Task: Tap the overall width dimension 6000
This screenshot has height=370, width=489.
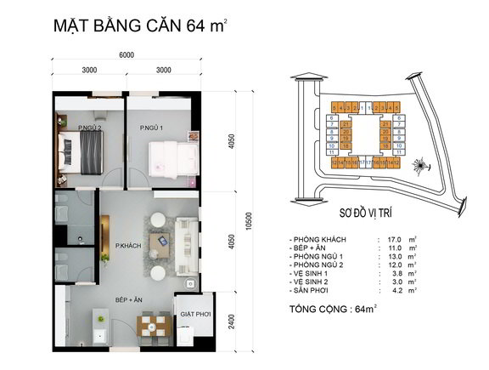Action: click(126, 55)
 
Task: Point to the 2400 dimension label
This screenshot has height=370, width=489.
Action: click(231, 323)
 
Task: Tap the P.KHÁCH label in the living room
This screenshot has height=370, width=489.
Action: click(127, 243)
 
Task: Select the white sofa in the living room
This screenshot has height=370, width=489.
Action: click(189, 241)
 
